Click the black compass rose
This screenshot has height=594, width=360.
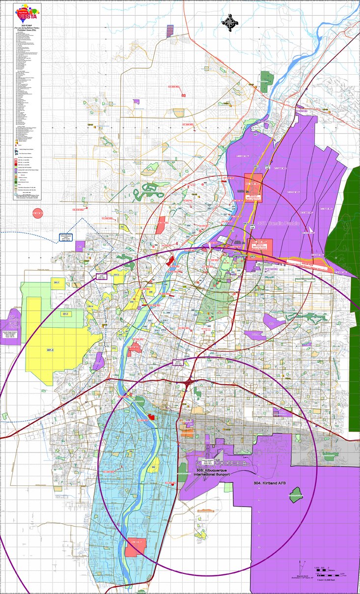coord(229,21)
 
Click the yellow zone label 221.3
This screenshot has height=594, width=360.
coord(50,350)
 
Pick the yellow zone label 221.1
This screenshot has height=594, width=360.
coord(57,283)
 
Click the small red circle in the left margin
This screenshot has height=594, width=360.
coord(38,213)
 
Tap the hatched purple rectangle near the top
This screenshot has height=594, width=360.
coord(170,30)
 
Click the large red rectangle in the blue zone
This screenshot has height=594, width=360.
coord(134,547)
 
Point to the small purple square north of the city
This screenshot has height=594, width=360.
coord(136,101)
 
